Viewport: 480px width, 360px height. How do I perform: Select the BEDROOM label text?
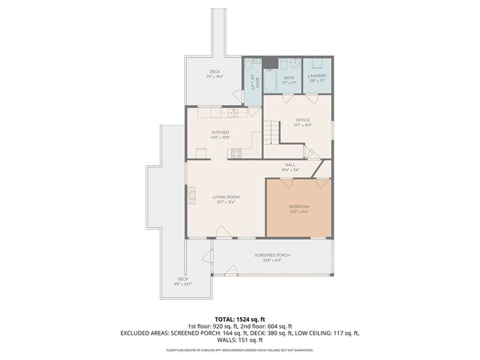click(299, 206)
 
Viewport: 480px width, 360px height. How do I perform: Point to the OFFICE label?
click(303, 119)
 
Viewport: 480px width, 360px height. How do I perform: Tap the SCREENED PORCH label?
click(271, 255)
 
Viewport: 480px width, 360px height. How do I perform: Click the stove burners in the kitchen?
click(236, 153)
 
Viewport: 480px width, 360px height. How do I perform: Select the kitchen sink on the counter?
click(233, 112)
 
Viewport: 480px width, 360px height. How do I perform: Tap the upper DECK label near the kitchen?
click(214, 72)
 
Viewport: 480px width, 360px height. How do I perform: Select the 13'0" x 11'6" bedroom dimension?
click(299, 211)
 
